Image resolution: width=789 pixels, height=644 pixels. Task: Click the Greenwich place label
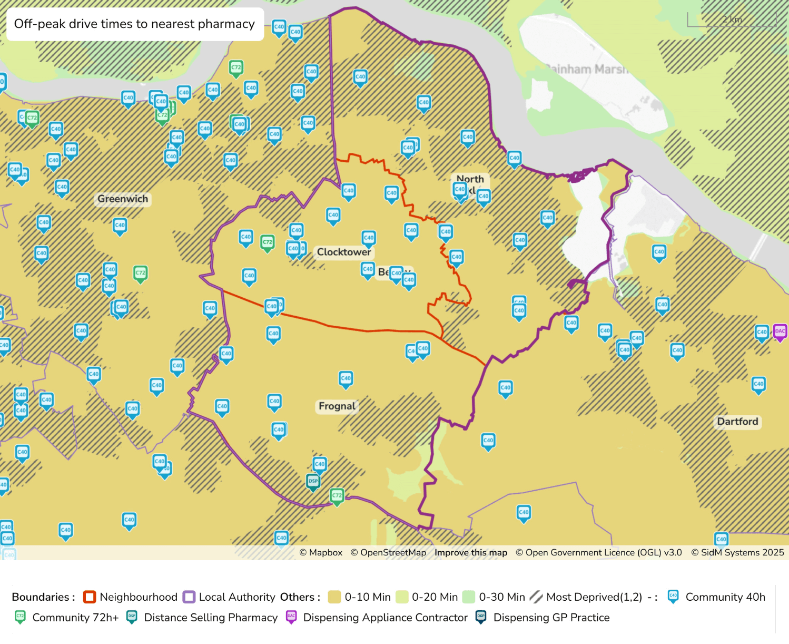pyautogui.click(x=123, y=199)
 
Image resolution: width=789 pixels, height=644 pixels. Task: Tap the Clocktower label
pyautogui.click(x=343, y=252)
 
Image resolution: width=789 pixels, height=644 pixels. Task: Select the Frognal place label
pyautogui.click(x=337, y=406)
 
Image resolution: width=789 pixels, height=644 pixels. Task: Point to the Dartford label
pyautogui.click(x=737, y=422)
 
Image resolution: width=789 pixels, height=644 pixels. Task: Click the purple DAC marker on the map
pyautogui.click(x=780, y=332)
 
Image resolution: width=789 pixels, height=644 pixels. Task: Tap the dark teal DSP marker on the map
pyautogui.click(x=313, y=481)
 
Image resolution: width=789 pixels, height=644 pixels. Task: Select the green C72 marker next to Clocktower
pyautogui.click(x=268, y=243)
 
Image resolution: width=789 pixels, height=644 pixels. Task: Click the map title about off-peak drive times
pyautogui.click(x=134, y=24)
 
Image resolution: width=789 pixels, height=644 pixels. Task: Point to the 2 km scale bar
pyautogui.click(x=732, y=20)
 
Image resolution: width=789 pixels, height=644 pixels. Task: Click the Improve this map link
pyautogui.click(x=470, y=552)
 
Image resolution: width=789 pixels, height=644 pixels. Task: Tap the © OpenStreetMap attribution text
pyautogui.click(x=388, y=552)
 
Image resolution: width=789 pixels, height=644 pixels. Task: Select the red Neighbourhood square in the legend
pyautogui.click(x=90, y=597)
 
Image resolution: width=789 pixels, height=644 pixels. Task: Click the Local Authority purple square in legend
pyautogui.click(x=189, y=597)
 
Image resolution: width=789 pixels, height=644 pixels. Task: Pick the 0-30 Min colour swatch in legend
pyautogui.click(x=468, y=597)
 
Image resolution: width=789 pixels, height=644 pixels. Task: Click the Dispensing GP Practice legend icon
pyautogui.click(x=481, y=617)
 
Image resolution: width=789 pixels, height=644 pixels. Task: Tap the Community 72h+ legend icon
pyautogui.click(x=20, y=617)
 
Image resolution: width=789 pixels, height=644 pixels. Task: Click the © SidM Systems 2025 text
pyautogui.click(x=737, y=552)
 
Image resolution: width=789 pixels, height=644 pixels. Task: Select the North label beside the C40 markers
pyautogui.click(x=470, y=179)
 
